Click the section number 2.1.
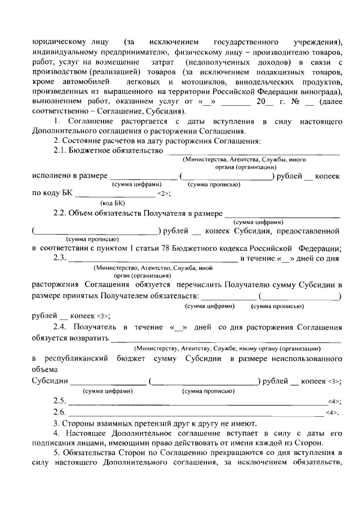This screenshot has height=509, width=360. coord(61,151)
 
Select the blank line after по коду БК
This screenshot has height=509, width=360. coord(115,195)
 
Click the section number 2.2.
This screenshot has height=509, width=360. coord(61,214)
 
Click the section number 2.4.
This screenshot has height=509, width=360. coord(61,327)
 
